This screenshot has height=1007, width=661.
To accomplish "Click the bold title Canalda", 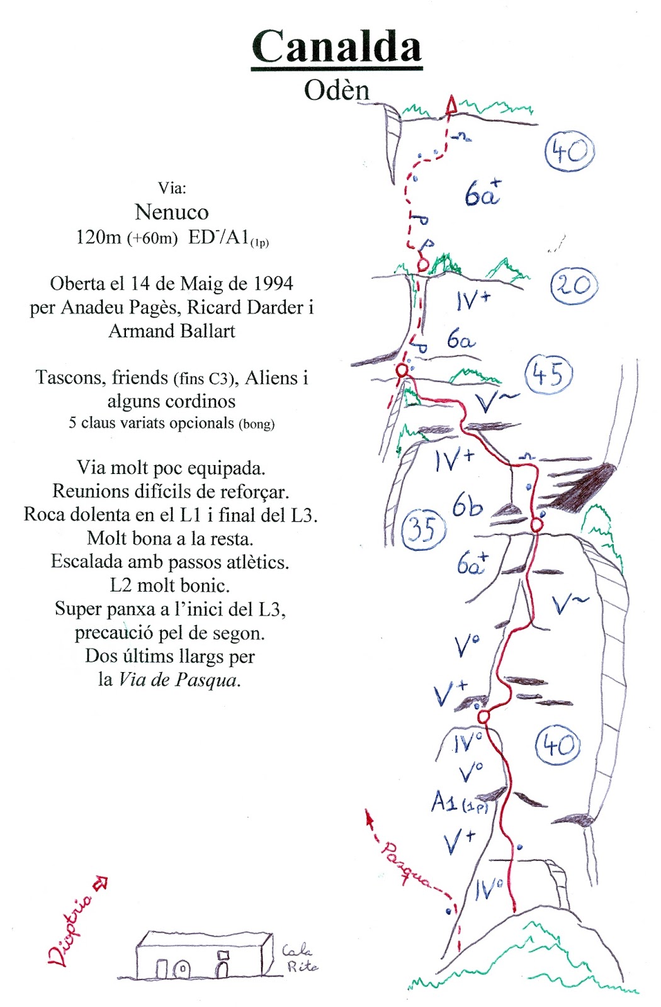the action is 336,47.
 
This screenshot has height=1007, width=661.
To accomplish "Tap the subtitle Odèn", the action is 336,90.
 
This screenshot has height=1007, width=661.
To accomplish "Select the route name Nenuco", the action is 171,212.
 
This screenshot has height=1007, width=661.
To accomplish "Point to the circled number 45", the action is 548,374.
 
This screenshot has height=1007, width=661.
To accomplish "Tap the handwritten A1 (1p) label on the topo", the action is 459,802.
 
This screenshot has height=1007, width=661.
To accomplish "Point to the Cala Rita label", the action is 300,958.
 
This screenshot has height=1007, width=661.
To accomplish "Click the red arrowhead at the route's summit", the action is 451,105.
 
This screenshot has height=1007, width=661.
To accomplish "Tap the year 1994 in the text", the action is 273,284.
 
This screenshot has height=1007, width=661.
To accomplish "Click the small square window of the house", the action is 223,955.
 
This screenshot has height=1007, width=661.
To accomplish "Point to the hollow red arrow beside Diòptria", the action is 100,884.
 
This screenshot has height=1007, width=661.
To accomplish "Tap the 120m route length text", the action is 98,237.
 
